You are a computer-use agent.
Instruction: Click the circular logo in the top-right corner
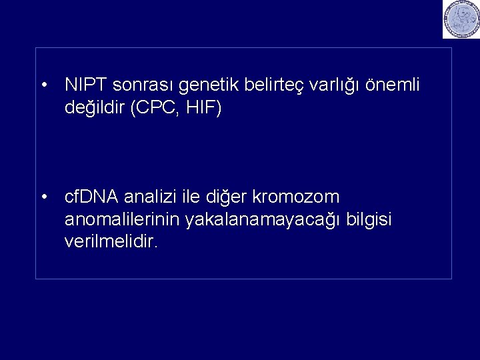point(461,19)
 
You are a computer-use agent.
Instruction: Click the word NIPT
point(87,85)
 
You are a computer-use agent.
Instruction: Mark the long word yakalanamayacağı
point(264,219)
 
